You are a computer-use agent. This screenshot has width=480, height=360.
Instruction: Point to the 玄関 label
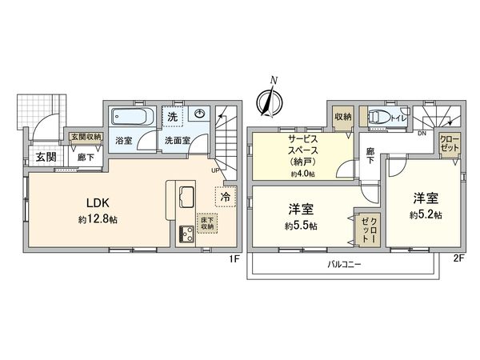[45, 157]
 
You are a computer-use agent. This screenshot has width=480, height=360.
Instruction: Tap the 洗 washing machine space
[172, 118]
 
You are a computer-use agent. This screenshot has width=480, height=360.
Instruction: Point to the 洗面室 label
[177, 140]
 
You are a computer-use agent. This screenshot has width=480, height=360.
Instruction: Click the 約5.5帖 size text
[301, 225]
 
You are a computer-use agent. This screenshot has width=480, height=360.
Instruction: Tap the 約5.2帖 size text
[424, 214]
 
